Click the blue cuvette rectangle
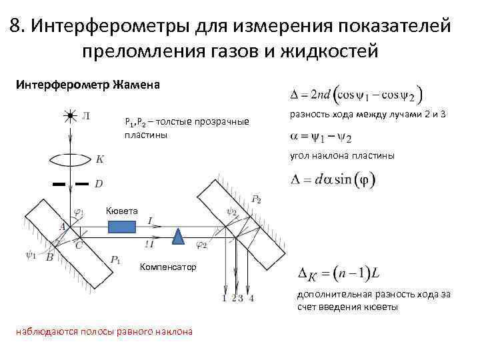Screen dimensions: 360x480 [x=121, y=227]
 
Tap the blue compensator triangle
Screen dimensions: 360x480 [x=178, y=235]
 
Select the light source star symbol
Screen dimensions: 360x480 [x=70, y=116]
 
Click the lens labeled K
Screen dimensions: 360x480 [x=71, y=160]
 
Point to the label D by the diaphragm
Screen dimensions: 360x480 [x=99, y=183]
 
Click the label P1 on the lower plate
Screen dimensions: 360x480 [x=115, y=259]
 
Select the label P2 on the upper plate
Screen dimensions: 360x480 [x=256, y=199]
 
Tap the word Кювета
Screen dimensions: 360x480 [x=122, y=211]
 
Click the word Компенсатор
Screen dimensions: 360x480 [x=168, y=267]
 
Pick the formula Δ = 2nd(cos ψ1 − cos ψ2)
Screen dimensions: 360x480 [x=357, y=93]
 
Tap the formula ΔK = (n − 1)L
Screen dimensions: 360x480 [x=338, y=274]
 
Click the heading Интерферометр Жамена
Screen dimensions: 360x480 [x=87, y=85]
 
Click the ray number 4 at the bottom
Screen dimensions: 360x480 [x=251, y=298]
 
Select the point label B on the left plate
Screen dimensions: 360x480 [x=49, y=257]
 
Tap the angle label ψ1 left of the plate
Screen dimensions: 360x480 [x=31, y=253]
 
